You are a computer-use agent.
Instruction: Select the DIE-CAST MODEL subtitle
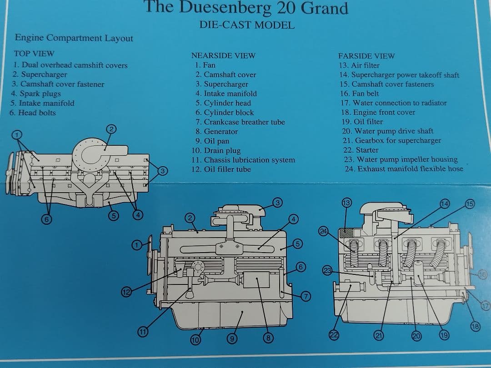point(247,25)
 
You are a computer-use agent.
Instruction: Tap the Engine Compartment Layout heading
point(74,38)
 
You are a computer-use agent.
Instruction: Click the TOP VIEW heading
point(34,54)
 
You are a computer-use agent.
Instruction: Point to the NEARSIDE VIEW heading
point(223,56)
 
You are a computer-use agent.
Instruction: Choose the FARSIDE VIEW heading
point(366,56)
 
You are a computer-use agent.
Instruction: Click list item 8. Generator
point(216,132)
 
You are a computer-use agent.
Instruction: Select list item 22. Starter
point(361,150)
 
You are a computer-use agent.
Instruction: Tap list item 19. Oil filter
point(362,122)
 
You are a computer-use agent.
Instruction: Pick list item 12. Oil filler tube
point(221,169)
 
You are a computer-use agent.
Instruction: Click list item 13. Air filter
point(359,65)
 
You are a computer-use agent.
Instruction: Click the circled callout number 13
point(346,202)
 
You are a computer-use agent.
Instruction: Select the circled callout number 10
point(196,339)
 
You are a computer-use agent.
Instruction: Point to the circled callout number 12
point(127,292)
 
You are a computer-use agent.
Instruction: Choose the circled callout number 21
point(378,336)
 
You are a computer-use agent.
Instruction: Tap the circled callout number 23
point(327,270)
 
